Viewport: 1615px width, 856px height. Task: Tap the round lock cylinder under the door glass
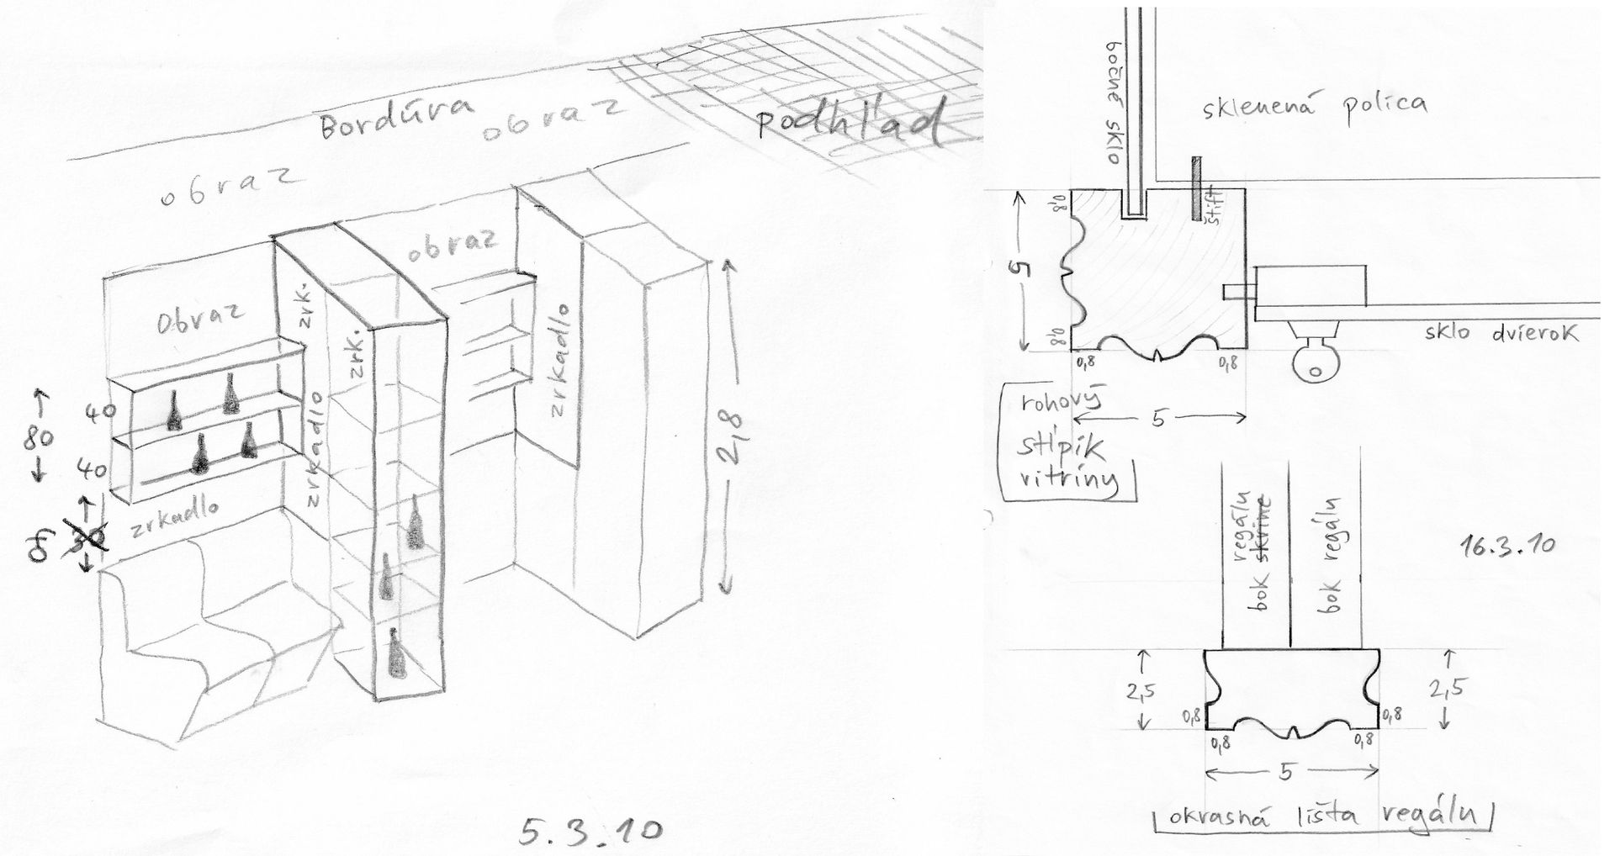1311,365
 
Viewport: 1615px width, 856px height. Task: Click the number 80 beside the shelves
40,436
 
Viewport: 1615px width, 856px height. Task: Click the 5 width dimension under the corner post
1158,418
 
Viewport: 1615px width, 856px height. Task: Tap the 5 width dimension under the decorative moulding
1284,773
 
